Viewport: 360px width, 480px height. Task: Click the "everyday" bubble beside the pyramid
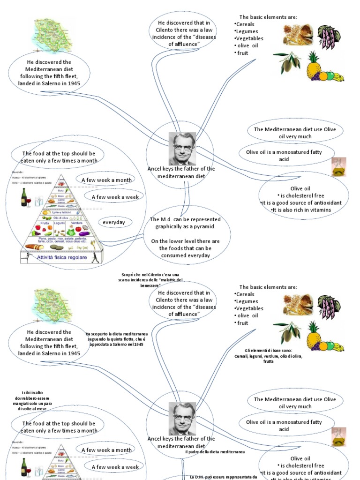pos(114,222)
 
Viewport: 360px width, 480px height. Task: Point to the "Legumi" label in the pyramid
pos(60,224)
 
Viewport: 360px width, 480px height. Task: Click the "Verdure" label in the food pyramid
pos(77,224)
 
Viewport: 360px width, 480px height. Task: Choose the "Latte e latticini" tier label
pos(61,212)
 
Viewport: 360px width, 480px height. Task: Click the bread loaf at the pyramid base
pos(34,247)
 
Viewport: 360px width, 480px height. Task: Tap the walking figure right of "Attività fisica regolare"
pos(95,257)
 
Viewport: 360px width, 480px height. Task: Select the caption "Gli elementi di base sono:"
pos(268,356)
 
